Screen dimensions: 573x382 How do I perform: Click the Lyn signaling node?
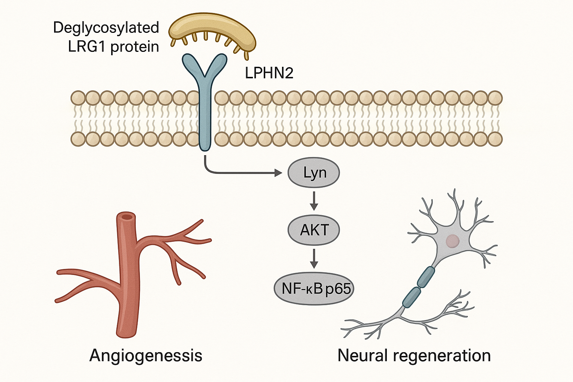314,173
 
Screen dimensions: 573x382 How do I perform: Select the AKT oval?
314,230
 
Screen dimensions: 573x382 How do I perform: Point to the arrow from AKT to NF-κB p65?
314,259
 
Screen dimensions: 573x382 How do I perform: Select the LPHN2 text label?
269,73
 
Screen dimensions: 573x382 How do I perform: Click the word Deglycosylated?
106,28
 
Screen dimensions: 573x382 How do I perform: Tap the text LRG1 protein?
113,47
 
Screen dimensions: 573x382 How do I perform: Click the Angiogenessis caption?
146,356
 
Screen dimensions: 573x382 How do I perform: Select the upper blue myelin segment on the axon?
426,276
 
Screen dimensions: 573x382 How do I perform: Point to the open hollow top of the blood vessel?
128,217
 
